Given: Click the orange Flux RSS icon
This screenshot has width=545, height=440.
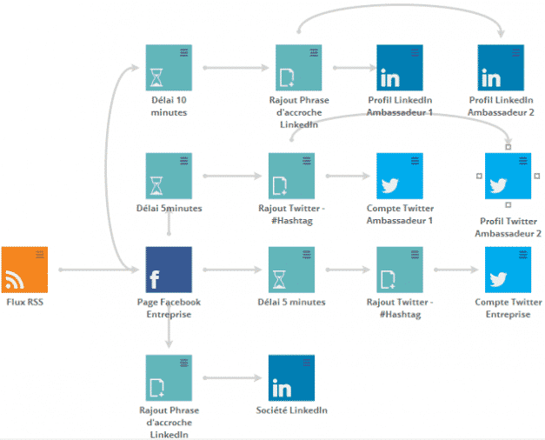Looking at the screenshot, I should (x=24, y=270).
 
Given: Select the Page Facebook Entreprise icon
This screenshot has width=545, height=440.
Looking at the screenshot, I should (x=169, y=270).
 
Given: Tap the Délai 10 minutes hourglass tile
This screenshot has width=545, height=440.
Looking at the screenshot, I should (x=169, y=67).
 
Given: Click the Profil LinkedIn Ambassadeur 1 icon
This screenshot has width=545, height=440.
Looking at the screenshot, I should (x=399, y=67).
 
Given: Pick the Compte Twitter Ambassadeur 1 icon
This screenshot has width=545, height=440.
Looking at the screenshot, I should (x=399, y=176).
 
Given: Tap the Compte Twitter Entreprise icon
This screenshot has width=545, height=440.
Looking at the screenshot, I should (x=508, y=270).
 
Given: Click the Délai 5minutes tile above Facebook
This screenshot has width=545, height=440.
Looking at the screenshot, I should (x=169, y=176).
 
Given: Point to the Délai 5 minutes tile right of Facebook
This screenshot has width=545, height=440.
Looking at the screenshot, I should (x=291, y=270).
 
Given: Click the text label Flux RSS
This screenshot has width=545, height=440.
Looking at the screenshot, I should (x=24, y=303).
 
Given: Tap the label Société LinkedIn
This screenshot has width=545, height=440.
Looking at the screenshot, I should (x=292, y=410).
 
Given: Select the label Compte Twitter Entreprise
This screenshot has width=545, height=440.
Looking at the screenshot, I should (x=508, y=308).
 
